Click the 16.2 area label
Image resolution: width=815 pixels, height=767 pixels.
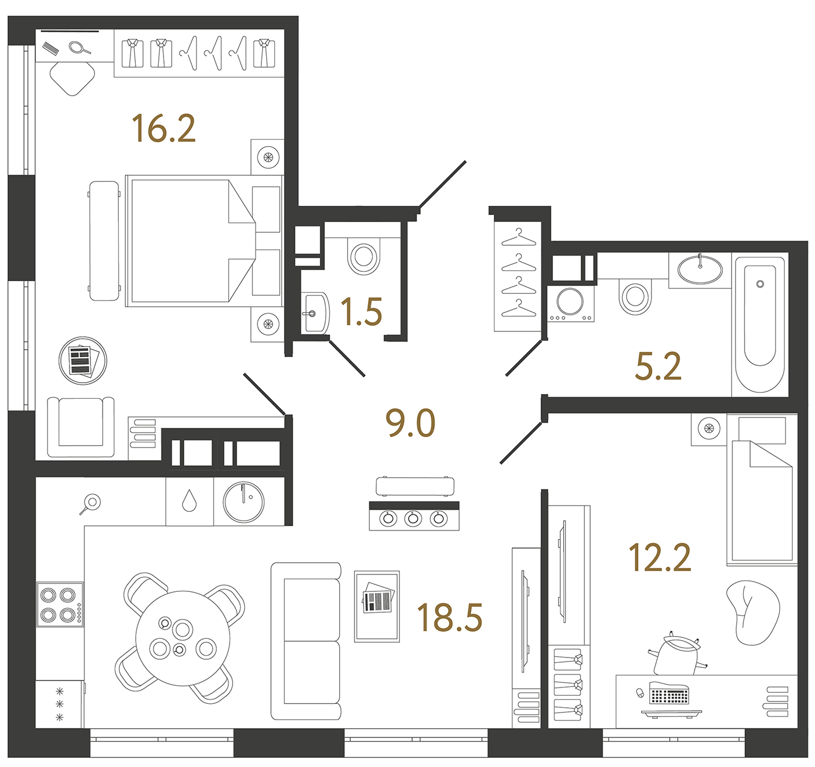(163, 129)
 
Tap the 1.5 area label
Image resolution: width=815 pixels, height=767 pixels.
(362, 312)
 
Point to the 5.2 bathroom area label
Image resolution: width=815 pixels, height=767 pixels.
(658, 366)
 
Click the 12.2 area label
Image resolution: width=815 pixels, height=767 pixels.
(660, 557)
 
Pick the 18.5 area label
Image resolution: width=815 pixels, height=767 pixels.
(449, 617)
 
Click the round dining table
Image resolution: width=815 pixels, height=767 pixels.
(183, 638)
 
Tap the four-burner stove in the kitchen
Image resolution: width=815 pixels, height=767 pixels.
(60, 604)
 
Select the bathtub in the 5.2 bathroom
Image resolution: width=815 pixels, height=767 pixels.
(760, 325)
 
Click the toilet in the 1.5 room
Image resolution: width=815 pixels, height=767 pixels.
(363, 256)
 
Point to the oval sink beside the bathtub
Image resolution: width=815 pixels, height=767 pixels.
(700, 270)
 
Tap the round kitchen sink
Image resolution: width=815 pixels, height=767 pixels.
(244, 501)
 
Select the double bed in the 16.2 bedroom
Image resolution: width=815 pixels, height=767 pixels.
(204, 241)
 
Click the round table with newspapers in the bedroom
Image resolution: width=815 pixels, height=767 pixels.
(83, 361)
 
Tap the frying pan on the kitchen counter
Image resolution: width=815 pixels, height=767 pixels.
(90, 503)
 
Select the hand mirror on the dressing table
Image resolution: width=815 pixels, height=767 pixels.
(79, 48)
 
